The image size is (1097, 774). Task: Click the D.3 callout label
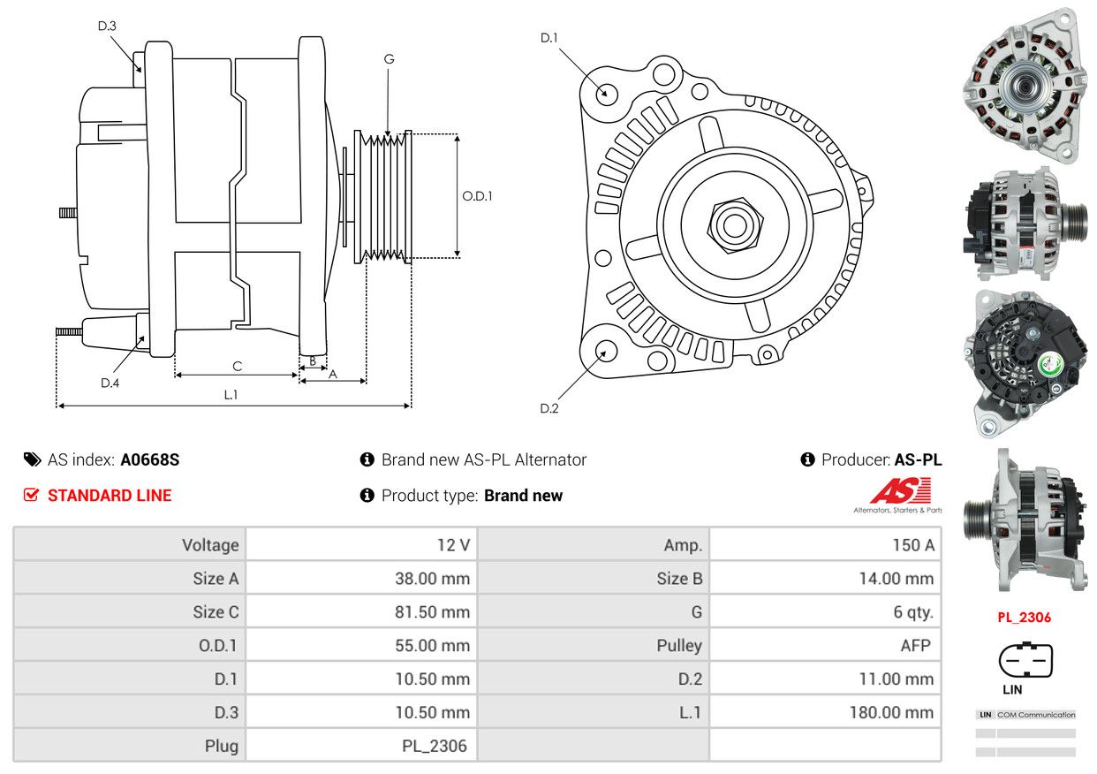107,26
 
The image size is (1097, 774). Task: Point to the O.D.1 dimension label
477,196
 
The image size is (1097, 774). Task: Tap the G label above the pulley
389,59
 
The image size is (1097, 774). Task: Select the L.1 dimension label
231,394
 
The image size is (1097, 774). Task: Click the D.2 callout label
549,408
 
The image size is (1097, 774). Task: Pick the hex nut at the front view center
735,225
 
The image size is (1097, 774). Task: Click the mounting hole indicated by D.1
607,93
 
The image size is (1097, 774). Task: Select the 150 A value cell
825,544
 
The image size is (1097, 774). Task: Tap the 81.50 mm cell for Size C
361,611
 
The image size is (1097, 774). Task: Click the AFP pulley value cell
825,645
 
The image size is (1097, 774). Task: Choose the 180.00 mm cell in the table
825,712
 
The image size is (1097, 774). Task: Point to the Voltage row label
210,545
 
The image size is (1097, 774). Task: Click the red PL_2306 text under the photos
1024,617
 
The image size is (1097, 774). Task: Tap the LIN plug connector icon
1025,659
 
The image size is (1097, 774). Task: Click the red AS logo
901,490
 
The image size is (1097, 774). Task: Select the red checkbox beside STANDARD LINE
31,495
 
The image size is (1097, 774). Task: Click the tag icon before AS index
33,459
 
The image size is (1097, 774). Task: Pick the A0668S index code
150,459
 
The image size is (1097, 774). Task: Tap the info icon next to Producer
807,459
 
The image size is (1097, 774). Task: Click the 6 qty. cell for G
825,611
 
